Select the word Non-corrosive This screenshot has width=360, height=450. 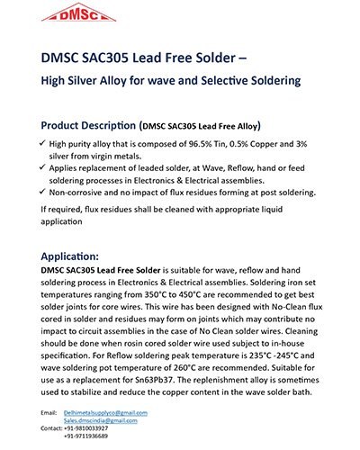pos(81,192)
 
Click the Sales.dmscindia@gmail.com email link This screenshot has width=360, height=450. pos(100,420)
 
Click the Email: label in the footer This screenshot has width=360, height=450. pos(49,412)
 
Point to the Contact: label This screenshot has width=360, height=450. pos(51,428)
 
